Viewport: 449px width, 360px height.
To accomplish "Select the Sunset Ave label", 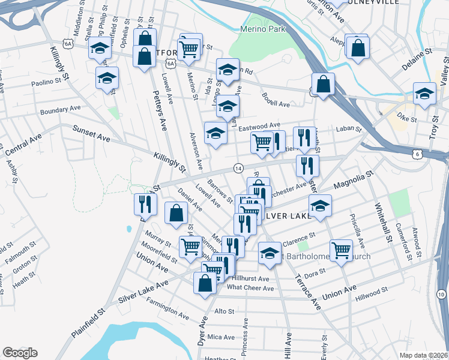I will tap(91, 133).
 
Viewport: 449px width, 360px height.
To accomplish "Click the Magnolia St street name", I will tap(354, 179).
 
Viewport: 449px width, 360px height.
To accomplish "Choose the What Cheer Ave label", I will tap(250, 288).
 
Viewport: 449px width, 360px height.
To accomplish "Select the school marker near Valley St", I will tap(424, 94).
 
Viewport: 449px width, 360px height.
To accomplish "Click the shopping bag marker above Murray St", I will tap(176, 214).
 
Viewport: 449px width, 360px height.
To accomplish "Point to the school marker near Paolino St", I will tap(107, 78).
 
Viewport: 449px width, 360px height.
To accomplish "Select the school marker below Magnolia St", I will tap(321, 206).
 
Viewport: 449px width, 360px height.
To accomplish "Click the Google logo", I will tap(19, 353).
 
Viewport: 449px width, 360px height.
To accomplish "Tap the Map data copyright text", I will tap(423, 355).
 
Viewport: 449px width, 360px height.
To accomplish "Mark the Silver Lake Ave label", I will tap(144, 292).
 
